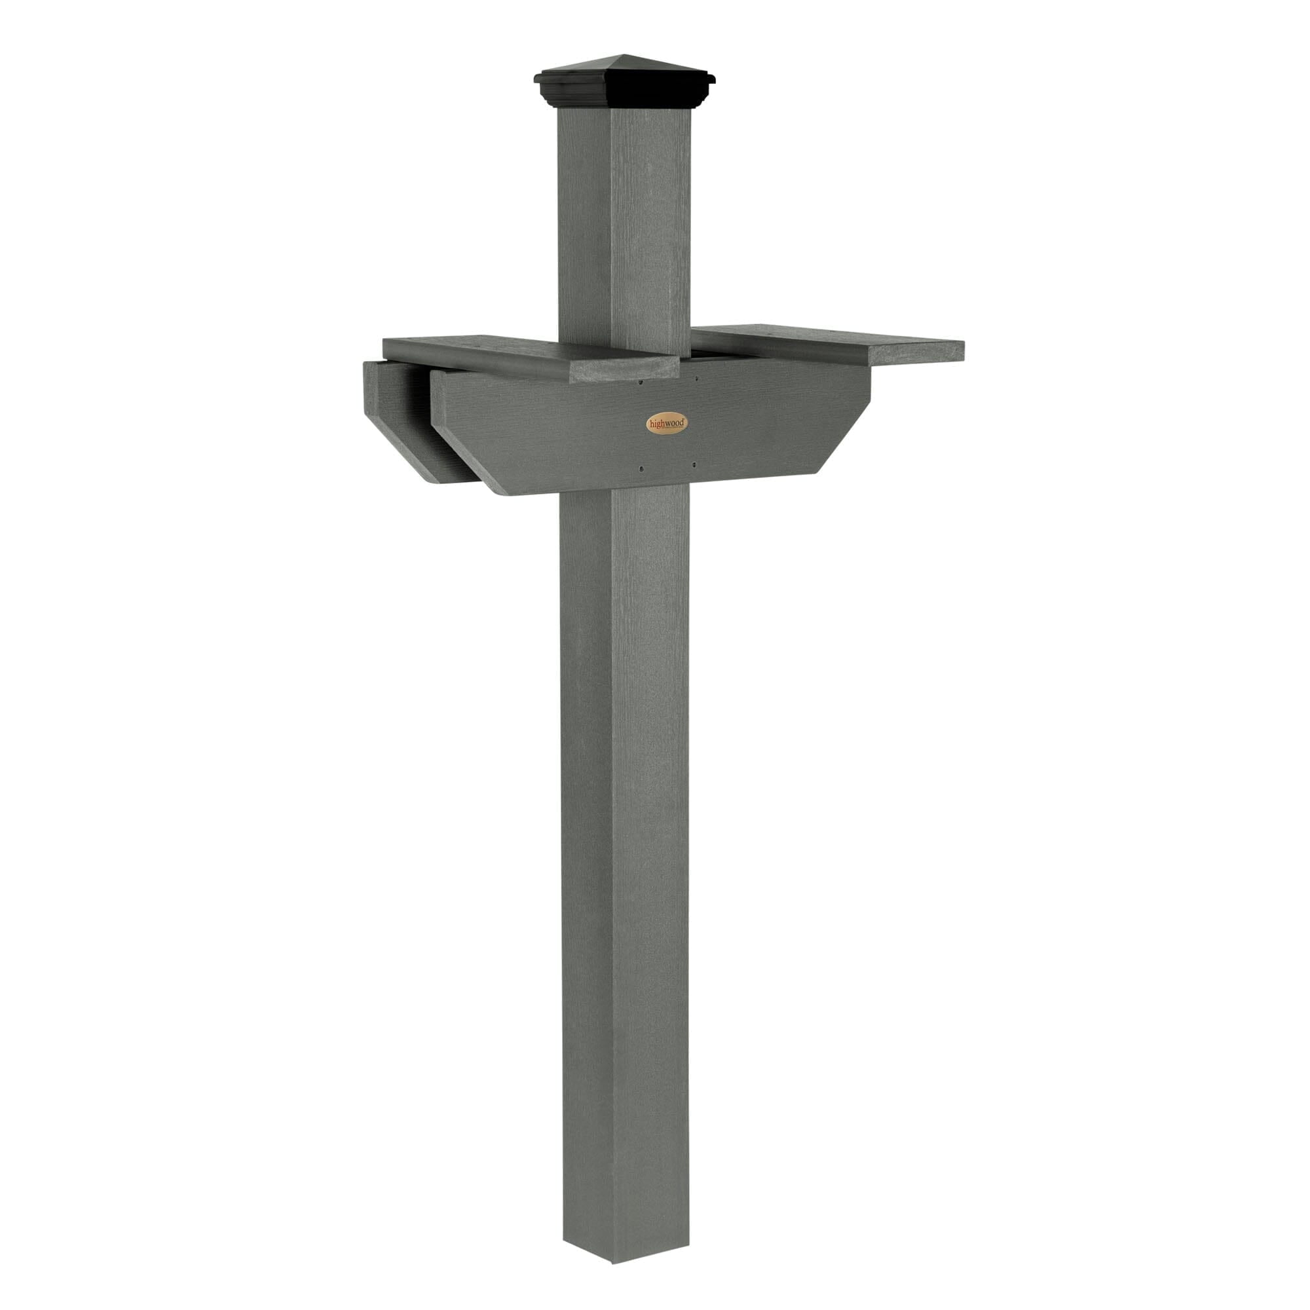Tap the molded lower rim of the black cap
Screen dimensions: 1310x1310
[x=624, y=99]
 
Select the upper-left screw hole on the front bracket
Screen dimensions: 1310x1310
[x=640, y=383]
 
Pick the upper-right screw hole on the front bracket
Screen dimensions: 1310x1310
[x=696, y=381]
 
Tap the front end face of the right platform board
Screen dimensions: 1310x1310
[x=916, y=351]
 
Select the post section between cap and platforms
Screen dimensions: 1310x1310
[x=624, y=224]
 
